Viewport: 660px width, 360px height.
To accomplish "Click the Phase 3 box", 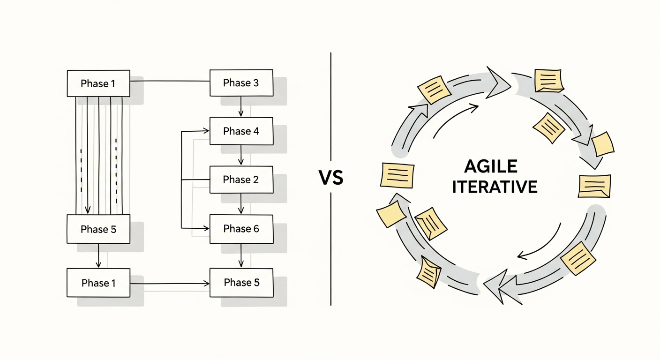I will (x=241, y=83).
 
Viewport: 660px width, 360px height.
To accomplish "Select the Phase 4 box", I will (x=241, y=131).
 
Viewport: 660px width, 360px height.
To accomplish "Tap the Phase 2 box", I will (x=241, y=180).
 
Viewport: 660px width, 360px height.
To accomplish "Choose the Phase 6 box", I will (x=241, y=229).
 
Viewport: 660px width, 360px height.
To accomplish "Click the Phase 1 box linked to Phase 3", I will (x=98, y=84).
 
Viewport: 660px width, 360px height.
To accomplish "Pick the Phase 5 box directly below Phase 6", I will (x=241, y=283).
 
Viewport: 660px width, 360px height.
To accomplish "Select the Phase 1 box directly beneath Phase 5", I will (x=98, y=283).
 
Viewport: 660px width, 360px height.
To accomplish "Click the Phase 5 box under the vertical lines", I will (x=98, y=229).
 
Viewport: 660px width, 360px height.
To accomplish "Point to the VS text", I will (x=330, y=178).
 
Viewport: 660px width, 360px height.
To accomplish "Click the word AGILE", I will (x=491, y=166).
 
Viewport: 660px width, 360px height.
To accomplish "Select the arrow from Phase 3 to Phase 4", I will (x=241, y=107).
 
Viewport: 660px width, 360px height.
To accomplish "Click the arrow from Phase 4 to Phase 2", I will (x=241, y=155).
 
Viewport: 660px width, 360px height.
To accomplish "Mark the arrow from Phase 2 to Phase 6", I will (x=241, y=204).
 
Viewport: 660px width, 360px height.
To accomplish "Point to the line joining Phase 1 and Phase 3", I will (x=170, y=81).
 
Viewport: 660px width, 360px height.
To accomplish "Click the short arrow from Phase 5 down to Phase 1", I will (x=98, y=256).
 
